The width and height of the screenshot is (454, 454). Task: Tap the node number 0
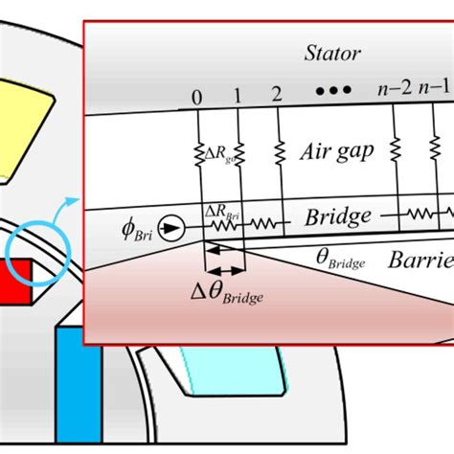point(198,98)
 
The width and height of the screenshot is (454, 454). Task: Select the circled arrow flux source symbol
point(171,228)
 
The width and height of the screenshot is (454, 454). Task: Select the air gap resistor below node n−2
point(396,151)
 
